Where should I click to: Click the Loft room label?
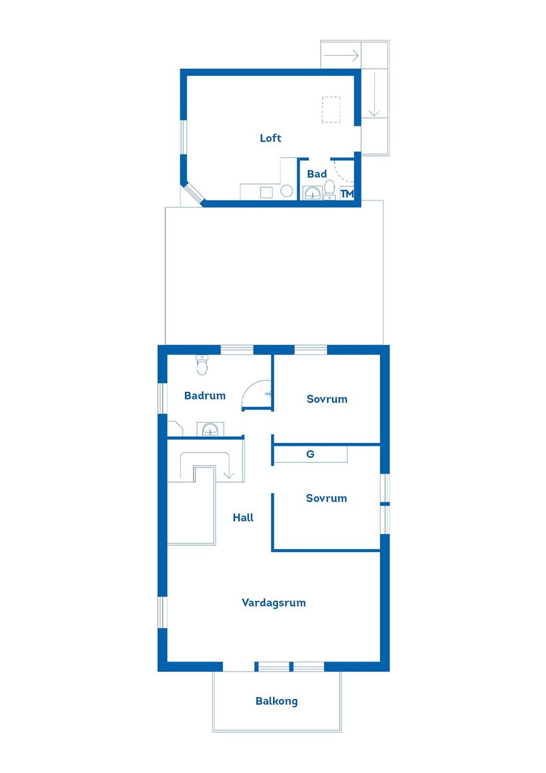click(270, 138)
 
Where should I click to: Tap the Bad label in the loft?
click(317, 174)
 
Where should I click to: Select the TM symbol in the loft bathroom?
click(347, 194)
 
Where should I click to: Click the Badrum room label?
click(205, 396)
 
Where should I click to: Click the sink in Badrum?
click(210, 429)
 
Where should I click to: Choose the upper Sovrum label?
click(326, 399)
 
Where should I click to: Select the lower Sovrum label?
click(326, 498)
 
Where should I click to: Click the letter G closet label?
click(310, 454)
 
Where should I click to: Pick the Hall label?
click(243, 517)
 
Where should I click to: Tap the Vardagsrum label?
click(274, 602)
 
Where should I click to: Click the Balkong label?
click(276, 701)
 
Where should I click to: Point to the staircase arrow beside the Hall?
click(229, 474)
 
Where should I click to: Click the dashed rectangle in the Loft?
click(331, 109)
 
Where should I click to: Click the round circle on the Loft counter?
click(287, 191)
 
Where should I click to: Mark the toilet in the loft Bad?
click(330, 188)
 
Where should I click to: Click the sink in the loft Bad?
click(312, 194)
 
